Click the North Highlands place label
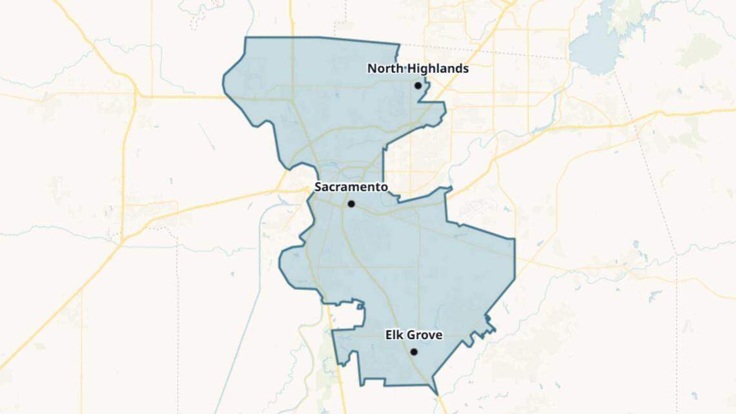click(418, 68)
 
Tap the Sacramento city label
click(351, 187)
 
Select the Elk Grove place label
click(414, 335)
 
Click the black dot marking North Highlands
click(418, 85)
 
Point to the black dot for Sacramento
click(351, 203)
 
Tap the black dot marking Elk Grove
click(414, 352)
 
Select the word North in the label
click(383, 68)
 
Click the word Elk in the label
click(394, 335)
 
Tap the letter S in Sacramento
click(318, 187)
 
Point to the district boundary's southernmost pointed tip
click(438, 393)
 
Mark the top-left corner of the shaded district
click(246, 37)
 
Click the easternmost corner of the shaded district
click(515, 240)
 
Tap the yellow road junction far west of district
click(137, 96)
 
